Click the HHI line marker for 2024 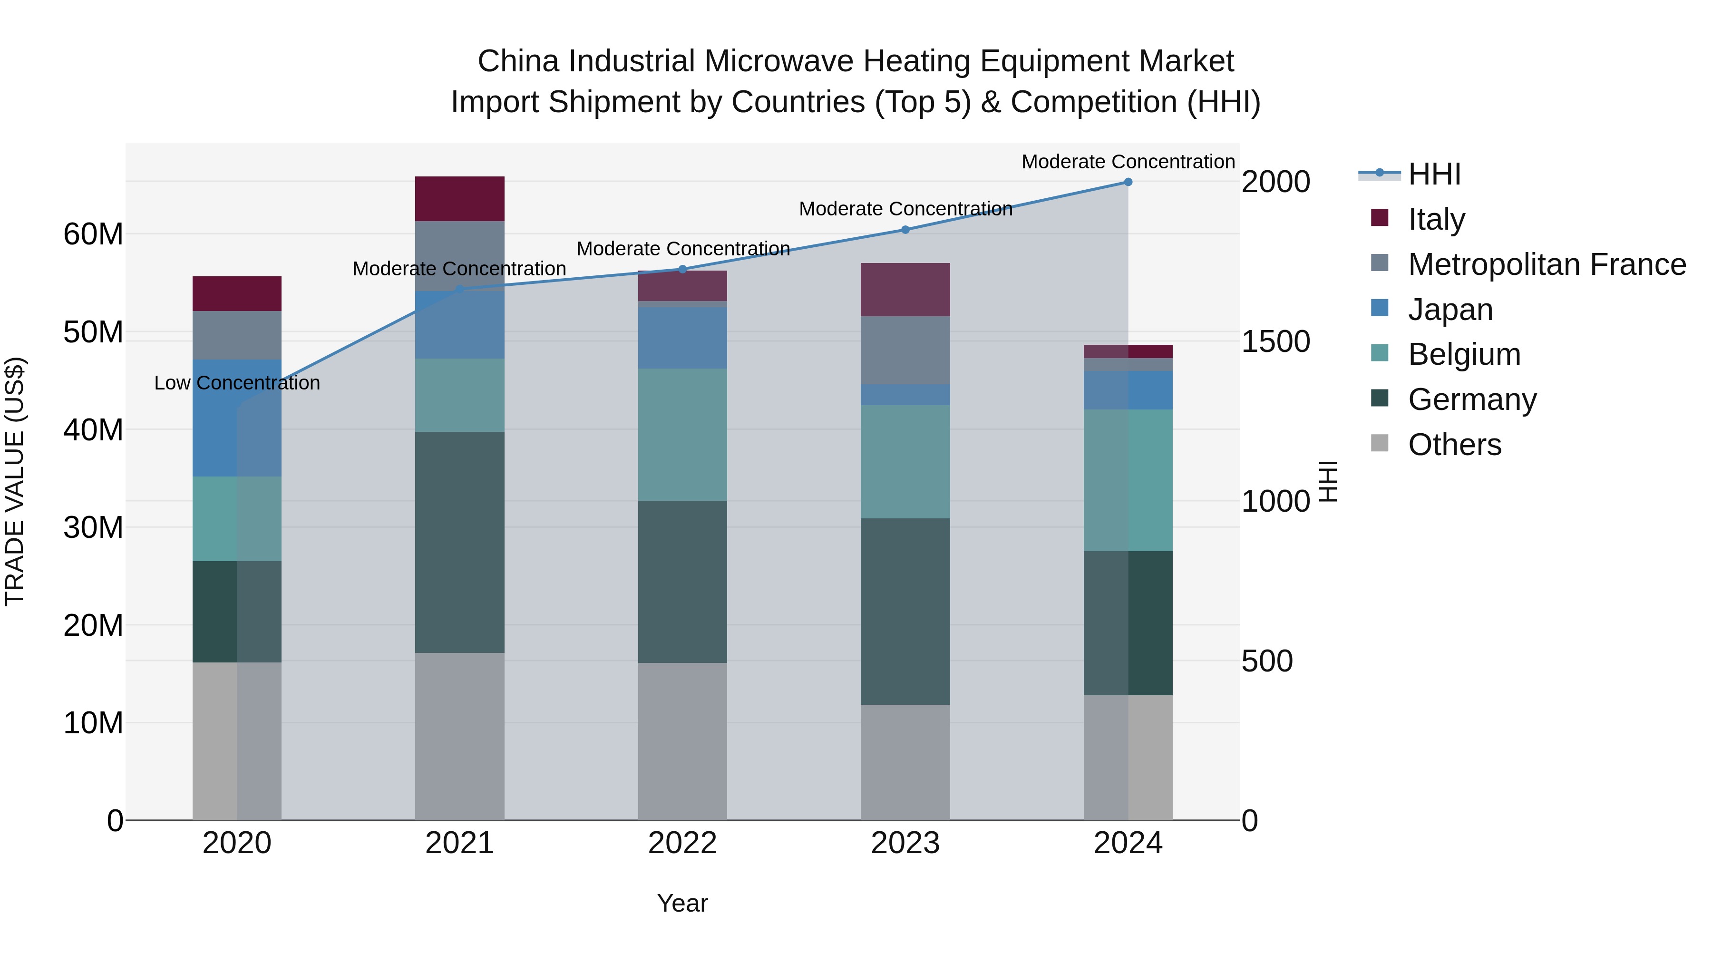click(1128, 182)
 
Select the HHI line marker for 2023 click(905, 230)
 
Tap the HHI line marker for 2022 click(682, 269)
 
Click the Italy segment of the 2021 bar click(459, 199)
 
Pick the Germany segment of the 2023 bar click(905, 612)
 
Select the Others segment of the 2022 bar click(682, 741)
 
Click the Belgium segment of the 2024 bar click(1128, 480)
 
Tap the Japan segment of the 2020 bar click(237, 418)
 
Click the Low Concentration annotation click(237, 383)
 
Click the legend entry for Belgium click(1464, 354)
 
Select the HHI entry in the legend click(1434, 174)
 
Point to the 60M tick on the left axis click(93, 234)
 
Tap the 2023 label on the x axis click(905, 843)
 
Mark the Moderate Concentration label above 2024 click(1128, 162)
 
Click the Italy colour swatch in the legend click(1380, 218)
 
